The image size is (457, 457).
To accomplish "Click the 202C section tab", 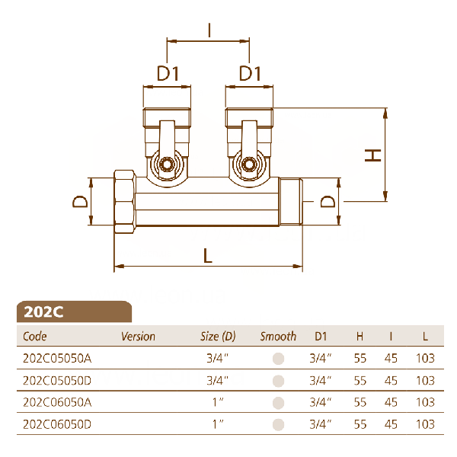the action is pos(74,312).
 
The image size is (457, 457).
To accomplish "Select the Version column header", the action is pos(138,337).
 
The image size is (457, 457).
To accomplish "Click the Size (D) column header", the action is pos(218,337).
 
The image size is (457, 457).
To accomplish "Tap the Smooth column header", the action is pos(278,337).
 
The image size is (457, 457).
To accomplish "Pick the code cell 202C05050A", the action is pos(57,358).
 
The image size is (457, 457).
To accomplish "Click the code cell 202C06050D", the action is pos(57,424).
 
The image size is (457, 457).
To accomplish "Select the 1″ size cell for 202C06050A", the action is pos(218,402).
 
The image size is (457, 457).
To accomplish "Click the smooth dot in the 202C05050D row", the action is pos(278,381).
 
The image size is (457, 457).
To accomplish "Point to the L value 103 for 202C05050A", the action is pos(425,358).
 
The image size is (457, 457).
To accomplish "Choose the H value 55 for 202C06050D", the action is pos(360,424).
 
